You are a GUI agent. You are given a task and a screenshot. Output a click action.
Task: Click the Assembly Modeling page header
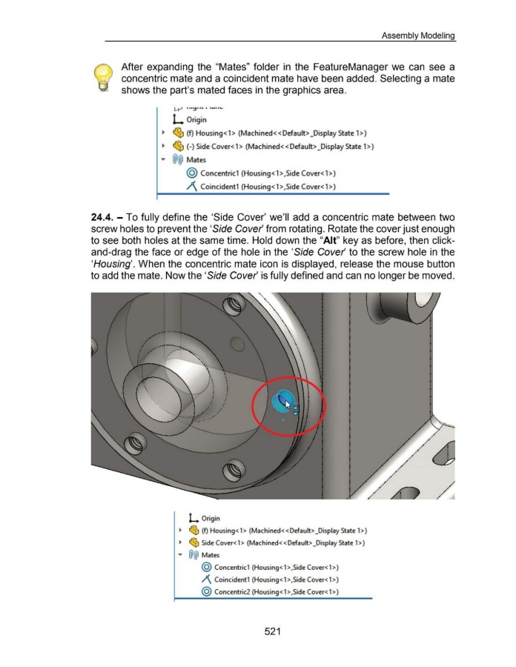(418, 34)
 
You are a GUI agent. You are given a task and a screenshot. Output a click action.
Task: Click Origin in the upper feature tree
(217, 120)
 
